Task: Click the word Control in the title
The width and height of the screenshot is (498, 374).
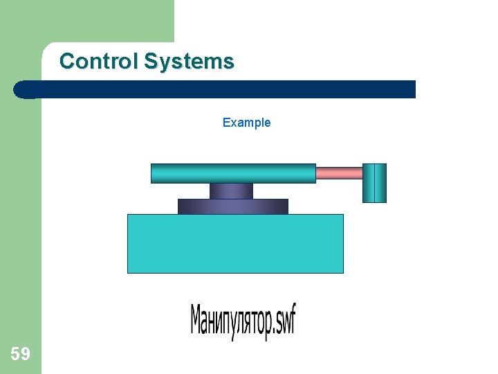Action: click(x=99, y=62)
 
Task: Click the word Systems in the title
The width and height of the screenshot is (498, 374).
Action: click(x=189, y=62)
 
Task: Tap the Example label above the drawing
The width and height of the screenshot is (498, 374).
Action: click(x=246, y=123)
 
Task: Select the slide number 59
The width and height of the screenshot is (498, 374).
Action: click(x=20, y=355)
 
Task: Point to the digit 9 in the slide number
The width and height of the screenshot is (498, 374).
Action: click(x=25, y=355)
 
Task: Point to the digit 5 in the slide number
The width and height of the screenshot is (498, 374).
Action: click(x=15, y=355)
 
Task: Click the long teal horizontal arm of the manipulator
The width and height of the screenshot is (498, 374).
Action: click(x=233, y=173)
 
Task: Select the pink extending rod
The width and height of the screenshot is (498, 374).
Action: click(x=339, y=173)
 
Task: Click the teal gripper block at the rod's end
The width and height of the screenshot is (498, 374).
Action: click(x=374, y=183)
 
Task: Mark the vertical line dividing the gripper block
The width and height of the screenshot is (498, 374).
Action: click(x=374, y=183)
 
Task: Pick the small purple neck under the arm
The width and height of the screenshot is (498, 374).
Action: click(x=231, y=190)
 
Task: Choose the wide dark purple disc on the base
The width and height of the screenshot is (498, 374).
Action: click(x=232, y=206)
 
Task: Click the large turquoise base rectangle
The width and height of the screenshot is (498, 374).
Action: click(x=235, y=243)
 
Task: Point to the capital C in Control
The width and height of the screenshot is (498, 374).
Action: click(x=66, y=62)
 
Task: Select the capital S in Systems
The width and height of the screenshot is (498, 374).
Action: click(x=151, y=62)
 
